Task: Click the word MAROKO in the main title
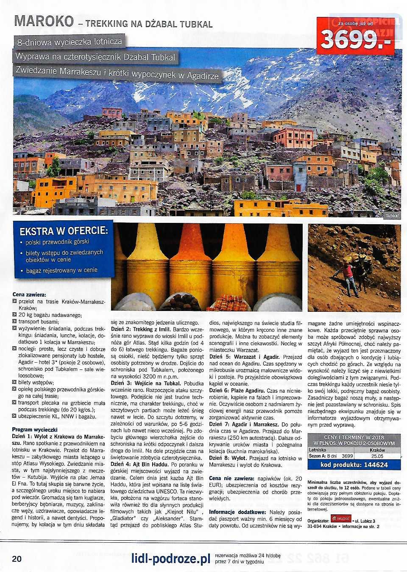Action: point(44,21)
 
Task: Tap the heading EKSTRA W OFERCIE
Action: point(64,231)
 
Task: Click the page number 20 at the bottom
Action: point(17,558)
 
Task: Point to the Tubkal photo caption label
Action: point(392,216)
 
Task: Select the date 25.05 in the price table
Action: point(377,456)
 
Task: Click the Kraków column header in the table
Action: point(377,450)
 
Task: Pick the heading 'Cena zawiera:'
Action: point(29,294)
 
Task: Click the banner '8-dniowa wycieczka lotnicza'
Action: point(69,42)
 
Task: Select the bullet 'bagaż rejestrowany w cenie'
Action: point(61,270)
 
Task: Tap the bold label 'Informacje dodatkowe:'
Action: point(237,512)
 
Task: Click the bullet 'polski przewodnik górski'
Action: point(57,242)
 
